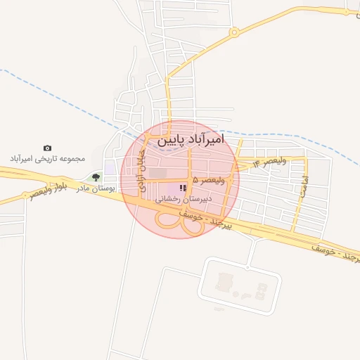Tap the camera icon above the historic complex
[47, 148]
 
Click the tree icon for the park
[96, 176]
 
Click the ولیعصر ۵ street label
[208, 181]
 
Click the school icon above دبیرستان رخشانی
[184, 188]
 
